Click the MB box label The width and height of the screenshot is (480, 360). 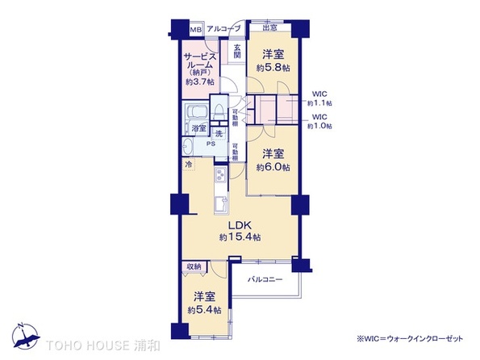coord(194,30)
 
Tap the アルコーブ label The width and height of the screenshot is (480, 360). coord(223,30)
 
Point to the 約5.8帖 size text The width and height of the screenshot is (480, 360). coord(273,69)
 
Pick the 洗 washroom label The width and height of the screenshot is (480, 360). coord(219,133)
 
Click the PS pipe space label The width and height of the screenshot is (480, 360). coord(210,145)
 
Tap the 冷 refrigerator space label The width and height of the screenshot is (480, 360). coord(189,165)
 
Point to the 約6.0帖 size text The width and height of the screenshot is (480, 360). coord(273,167)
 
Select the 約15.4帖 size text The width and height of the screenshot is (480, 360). coord(240,237)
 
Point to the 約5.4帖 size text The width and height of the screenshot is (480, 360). coord(203,310)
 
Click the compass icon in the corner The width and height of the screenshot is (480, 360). coord(23,337)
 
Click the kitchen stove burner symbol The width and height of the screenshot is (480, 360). coord(219,177)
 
